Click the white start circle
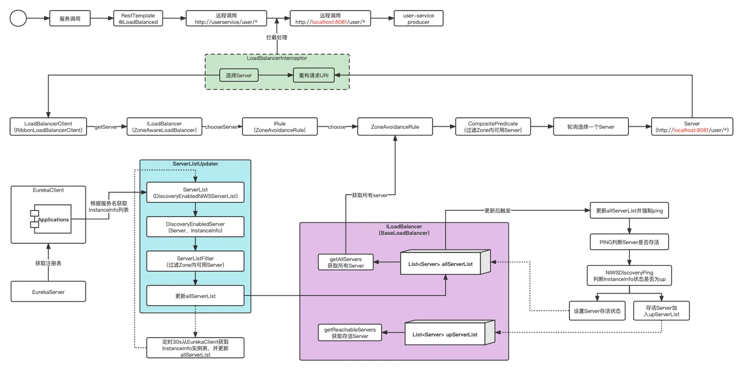point(18,19)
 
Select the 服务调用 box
point(70,19)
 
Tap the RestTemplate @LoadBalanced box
point(138,19)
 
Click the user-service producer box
point(418,19)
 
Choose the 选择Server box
point(238,76)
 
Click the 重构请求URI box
point(314,76)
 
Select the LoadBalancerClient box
point(48,127)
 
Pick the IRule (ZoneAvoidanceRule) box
point(280,127)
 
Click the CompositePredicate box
point(493,127)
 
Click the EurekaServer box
point(48,291)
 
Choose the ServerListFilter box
point(196,260)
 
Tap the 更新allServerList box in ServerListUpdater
point(196,295)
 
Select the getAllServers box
point(345,262)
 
